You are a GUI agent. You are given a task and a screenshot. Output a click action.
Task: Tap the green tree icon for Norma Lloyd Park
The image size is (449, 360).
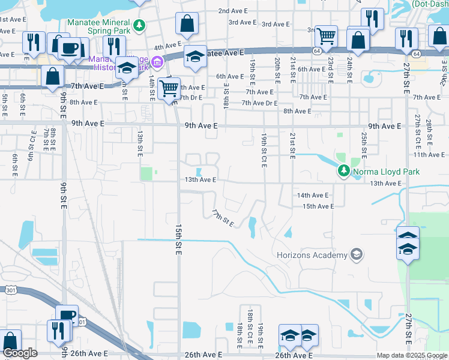pyautogui.click(x=343, y=172)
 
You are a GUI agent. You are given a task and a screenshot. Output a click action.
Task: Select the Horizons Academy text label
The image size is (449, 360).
pyautogui.click(x=312, y=256)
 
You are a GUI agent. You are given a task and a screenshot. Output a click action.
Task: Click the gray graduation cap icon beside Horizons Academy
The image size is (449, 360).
pyautogui.click(x=357, y=255)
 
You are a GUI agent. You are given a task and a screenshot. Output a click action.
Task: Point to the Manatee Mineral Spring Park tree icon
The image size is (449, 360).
pyautogui.click(x=139, y=25)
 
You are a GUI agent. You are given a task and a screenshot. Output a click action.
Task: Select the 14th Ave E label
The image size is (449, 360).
pyautogui.click(x=312, y=196)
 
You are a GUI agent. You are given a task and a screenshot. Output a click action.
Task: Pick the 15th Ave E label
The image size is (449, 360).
pyautogui.click(x=318, y=206)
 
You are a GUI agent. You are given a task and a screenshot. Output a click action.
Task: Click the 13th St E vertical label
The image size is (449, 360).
pyautogui.click(x=139, y=144)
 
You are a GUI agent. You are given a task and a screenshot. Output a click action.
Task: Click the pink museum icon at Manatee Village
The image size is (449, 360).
pyautogui.click(x=157, y=61)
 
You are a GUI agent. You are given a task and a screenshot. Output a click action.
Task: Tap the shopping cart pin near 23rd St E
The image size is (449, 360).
pyautogui.click(x=326, y=36)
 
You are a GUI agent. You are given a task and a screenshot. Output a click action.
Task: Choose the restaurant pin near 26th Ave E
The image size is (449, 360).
pyautogui.click(x=59, y=331)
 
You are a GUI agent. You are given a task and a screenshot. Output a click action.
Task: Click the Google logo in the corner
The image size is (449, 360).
pyautogui.click(x=20, y=353)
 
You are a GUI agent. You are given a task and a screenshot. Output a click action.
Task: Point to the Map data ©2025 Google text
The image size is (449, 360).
pyautogui.click(x=412, y=356)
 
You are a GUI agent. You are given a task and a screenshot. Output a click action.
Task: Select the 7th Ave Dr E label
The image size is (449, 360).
pyautogui.click(x=259, y=103)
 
